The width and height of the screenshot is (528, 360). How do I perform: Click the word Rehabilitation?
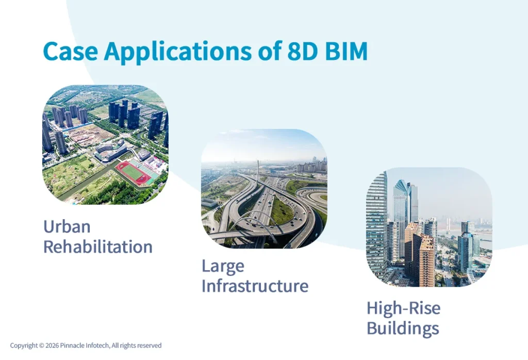point(97,247)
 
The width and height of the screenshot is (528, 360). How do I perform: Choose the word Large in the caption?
point(223,266)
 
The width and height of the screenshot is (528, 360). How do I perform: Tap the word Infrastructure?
point(255,286)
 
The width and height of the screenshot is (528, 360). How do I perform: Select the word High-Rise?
point(403,308)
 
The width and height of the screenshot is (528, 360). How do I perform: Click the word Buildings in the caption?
point(403,328)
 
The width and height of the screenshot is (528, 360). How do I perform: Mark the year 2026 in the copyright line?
point(52,346)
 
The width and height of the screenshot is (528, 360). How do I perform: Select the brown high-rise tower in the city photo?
point(425,258)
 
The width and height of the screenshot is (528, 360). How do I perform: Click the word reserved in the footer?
point(149,346)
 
